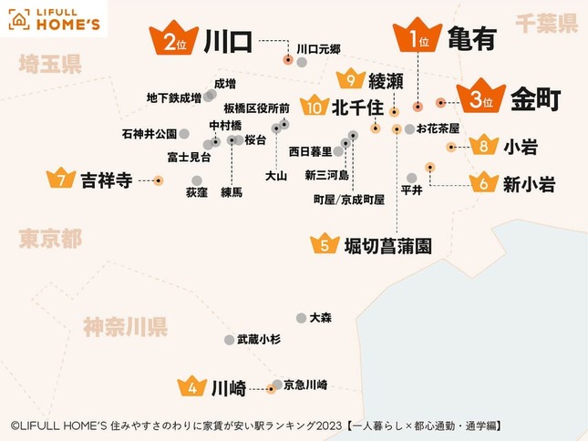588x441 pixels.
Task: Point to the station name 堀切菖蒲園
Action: [x=387, y=245]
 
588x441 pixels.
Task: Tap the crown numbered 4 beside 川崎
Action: [x=192, y=387]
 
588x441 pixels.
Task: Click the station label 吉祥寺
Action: [x=107, y=179]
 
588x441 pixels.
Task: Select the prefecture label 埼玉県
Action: [x=50, y=63]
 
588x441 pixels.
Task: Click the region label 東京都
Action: [x=50, y=239]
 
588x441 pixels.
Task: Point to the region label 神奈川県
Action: [x=124, y=326]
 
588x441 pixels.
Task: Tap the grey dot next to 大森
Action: [x=301, y=318]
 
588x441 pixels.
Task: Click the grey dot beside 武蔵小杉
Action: [x=229, y=340]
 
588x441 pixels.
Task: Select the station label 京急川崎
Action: [x=305, y=385]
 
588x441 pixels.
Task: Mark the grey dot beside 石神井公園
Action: [x=184, y=134]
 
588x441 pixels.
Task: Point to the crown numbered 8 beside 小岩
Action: [x=482, y=146]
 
